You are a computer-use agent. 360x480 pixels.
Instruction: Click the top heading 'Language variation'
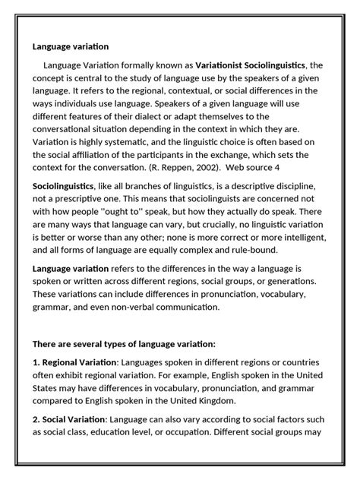71,46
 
